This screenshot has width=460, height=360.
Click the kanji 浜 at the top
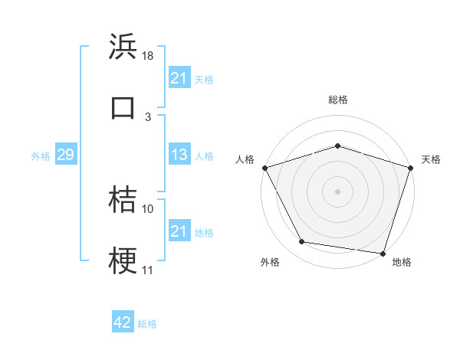(123, 46)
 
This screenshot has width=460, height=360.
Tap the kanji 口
(123, 106)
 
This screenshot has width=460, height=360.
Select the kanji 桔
(123, 199)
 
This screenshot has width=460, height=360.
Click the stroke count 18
(149, 56)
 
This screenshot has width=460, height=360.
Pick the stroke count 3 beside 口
(148, 116)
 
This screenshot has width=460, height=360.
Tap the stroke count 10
(148, 208)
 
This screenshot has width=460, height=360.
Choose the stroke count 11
(148, 270)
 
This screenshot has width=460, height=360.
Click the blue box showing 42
(123, 322)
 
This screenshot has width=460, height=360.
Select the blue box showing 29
(65, 155)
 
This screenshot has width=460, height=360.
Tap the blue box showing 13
(179, 155)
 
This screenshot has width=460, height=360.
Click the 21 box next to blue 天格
(179, 77)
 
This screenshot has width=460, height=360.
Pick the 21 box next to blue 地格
(179, 231)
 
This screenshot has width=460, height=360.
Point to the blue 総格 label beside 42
(147, 324)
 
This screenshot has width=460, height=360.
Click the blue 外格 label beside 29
(41, 156)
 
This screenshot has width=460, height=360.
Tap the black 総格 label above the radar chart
(338, 100)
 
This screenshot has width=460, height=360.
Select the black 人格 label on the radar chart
(245, 159)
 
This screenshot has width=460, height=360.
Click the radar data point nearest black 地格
(383, 253)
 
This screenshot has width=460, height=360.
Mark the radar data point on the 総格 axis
(337, 146)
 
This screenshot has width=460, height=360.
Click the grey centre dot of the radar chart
(337, 191)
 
